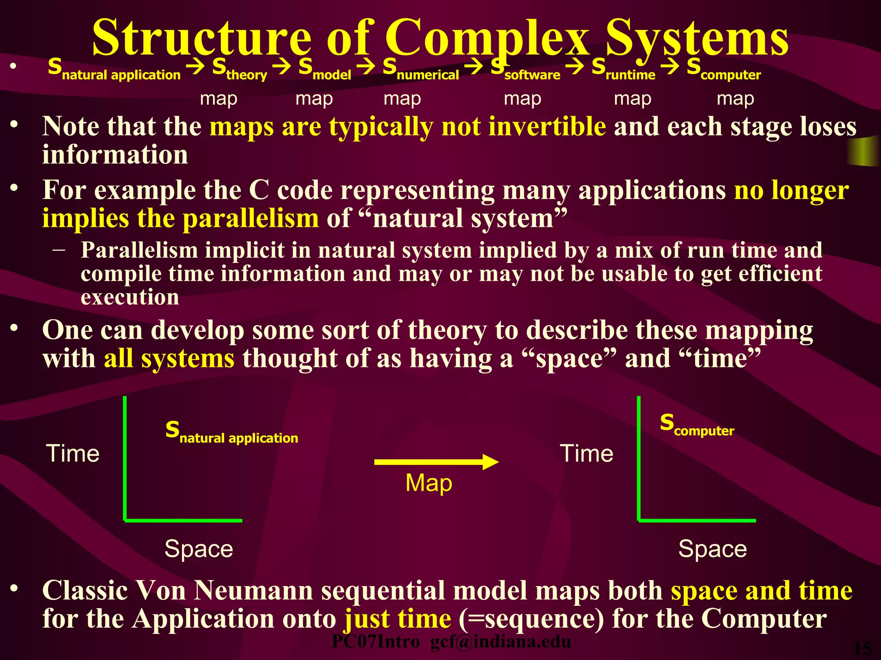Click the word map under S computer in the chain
coord(735,99)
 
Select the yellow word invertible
coord(547,127)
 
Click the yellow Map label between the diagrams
coord(428,483)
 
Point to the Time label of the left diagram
coord(73,453)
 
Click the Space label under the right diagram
coord(712,549)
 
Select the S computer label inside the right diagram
coord(697,425)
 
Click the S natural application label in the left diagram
coord(231,432)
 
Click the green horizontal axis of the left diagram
coord(183,520)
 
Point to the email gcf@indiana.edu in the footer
coord(500,642)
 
